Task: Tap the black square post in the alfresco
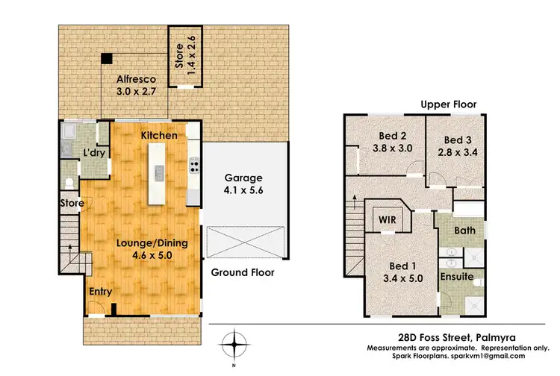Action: click(108, 58)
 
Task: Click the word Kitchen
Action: click(159, 136)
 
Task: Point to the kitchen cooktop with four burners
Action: click(194, 166)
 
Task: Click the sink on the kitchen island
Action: click(159, 174)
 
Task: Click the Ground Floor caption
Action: click(242, 272)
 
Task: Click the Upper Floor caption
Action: click(448, 105)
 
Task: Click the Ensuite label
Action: click(456, 276)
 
